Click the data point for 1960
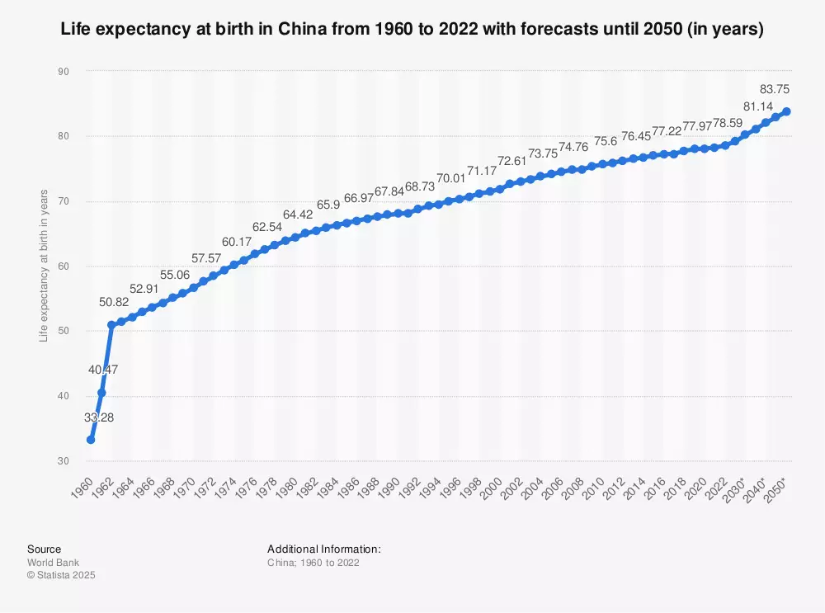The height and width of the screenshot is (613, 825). (91, 440)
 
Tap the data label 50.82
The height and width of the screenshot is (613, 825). (115, 302)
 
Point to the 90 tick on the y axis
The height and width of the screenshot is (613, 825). (63, 72)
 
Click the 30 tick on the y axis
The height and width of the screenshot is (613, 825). (63, 460)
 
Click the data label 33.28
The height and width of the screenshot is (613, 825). (99, 417)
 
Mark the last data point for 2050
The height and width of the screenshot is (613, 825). (787, 111)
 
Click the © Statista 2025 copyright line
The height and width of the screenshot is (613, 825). (61, 575)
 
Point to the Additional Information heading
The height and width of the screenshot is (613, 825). (323, 549)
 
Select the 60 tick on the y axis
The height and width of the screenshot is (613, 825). (63, 266)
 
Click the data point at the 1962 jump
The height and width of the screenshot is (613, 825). (111, 325)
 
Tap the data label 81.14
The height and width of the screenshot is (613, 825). (758, 106)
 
